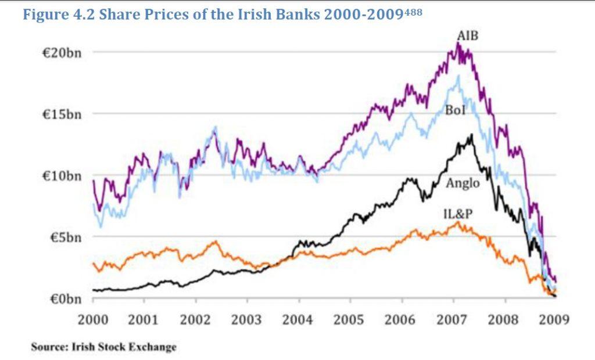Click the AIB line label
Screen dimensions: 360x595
[467, 37]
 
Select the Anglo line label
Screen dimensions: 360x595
[463, 183]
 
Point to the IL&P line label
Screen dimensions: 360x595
[458, 215]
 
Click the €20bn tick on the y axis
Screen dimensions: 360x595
[61, 52]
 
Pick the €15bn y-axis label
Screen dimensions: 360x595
[61, 114]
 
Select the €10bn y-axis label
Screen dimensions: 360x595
[61, 175]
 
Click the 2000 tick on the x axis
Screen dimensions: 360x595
[93, 319]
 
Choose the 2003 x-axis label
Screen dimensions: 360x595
[247, 319]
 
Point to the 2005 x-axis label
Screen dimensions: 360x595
[350, 319]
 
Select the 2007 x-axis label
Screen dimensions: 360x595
[453, 319]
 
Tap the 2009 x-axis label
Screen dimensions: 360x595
[556, 319]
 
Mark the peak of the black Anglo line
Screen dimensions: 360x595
[472, 135]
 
